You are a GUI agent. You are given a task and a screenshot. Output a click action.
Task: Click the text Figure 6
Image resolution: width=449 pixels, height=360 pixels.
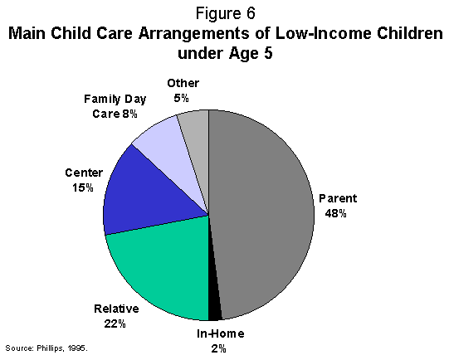225,14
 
